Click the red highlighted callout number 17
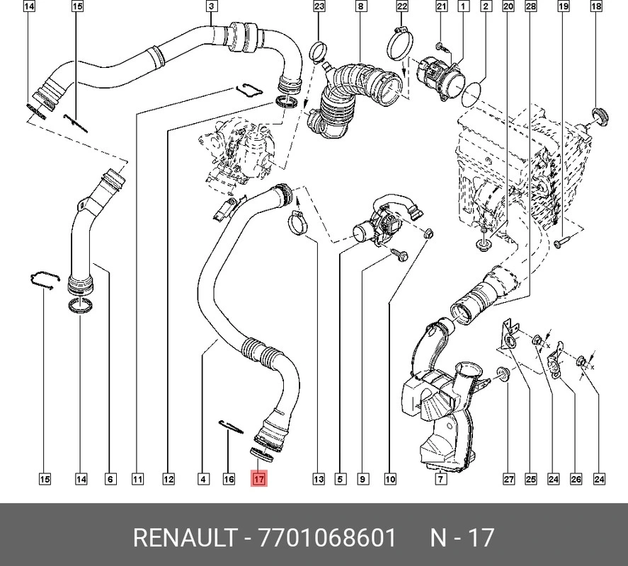click(259, 479)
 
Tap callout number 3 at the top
click(212, 6)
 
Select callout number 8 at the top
click(360, 6)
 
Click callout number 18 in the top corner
click(596, 6)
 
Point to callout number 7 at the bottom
click(440, 479)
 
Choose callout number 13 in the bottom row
click(319, 479)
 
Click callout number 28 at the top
click(531, 6)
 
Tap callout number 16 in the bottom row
click(229, 479)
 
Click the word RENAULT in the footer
click(185, 537)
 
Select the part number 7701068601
click(328, 537)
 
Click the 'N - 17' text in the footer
click(462, 537)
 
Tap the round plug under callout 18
click(600, 117)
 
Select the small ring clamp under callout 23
click(318, 52)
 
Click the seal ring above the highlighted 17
click(262, 455)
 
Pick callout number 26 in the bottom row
click(576, 479)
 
